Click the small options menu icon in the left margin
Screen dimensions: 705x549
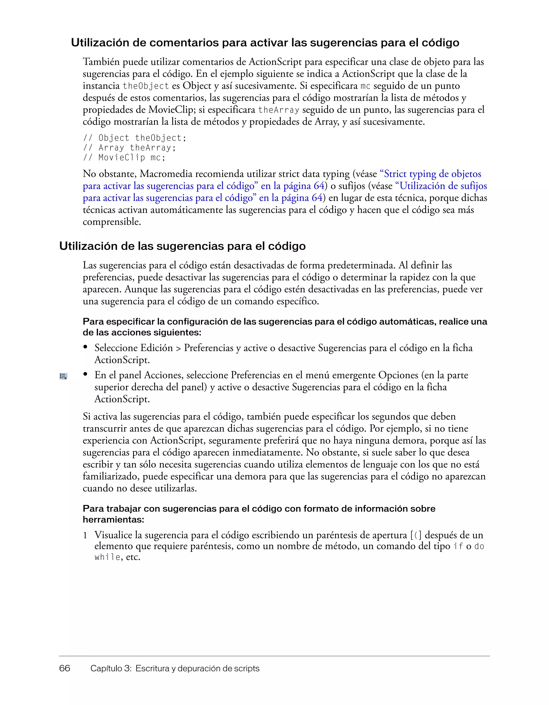tap(63, 376)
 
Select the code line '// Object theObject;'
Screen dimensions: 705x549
tap(135, 138)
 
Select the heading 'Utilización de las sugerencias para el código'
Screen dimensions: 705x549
tap(182, 246)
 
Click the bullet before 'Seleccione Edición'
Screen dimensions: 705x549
tap(86, 347)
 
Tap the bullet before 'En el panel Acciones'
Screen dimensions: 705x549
tap(86, 374)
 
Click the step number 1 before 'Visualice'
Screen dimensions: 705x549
tap(85, 535)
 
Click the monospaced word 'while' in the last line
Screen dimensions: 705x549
tap(107, 557)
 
